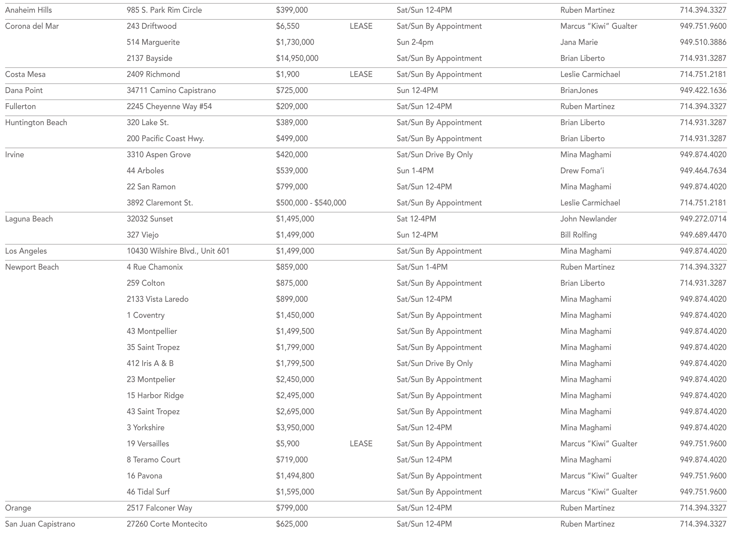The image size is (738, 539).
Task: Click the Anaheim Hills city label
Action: coord(28,10)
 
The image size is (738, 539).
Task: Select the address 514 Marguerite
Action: coord(153,42)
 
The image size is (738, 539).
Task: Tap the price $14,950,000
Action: coord(297,58)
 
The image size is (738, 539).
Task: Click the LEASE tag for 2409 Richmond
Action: coord(361,74)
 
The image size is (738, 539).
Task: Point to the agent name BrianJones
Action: coord(579,90)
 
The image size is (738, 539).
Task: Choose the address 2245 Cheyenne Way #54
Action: coord(169,106)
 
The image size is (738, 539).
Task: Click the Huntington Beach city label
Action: coord(36,122)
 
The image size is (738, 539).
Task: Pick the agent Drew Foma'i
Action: coord(582,171)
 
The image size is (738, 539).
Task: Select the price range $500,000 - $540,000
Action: coord(311,203)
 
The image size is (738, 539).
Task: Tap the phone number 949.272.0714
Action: coord(703,219)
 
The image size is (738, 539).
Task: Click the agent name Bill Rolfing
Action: coord(578,235)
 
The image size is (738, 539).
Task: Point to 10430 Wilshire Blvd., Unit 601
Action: coord(178,251)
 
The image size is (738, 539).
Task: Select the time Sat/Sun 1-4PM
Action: coord(422,267)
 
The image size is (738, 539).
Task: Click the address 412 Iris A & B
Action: coord(150,363)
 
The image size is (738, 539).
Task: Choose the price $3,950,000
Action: coord(295,428)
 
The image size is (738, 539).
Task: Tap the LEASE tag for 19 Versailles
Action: coord(361,444)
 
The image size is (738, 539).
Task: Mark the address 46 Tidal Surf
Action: coord(148,492)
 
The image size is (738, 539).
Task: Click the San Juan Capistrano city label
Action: coord(40,524)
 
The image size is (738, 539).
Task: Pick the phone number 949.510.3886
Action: coord(703,42)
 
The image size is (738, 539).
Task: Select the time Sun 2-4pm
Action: coord(415,42)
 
